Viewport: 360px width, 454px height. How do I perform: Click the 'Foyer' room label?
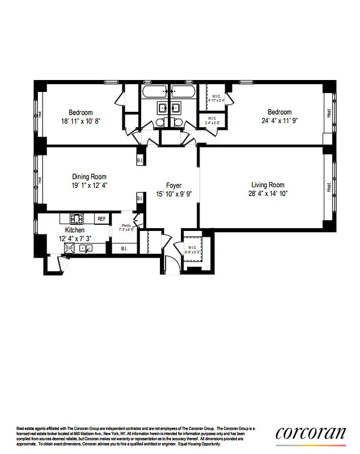pos(173,186)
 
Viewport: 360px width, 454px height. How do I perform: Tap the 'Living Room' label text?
pos(268,185)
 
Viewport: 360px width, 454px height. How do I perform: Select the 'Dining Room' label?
pos(89,176)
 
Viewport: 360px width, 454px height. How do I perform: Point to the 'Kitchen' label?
pos(74,230)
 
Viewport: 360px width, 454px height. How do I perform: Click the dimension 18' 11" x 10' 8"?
pos(81,121)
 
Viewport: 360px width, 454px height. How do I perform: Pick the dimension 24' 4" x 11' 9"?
pos(279,120)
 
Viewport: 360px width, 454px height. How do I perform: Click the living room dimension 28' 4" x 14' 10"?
pos(268,194)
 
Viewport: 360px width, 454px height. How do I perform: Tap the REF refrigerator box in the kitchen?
pos(101,218)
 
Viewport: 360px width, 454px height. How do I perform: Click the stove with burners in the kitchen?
pos(76,218)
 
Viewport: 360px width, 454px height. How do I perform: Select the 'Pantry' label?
pos(125,226)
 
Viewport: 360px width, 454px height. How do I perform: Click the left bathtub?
pos(155,91)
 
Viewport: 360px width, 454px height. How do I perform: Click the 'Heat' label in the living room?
pos(329,187)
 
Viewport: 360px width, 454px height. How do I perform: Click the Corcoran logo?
pos(310,432)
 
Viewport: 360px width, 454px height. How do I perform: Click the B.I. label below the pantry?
pos(124,248)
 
